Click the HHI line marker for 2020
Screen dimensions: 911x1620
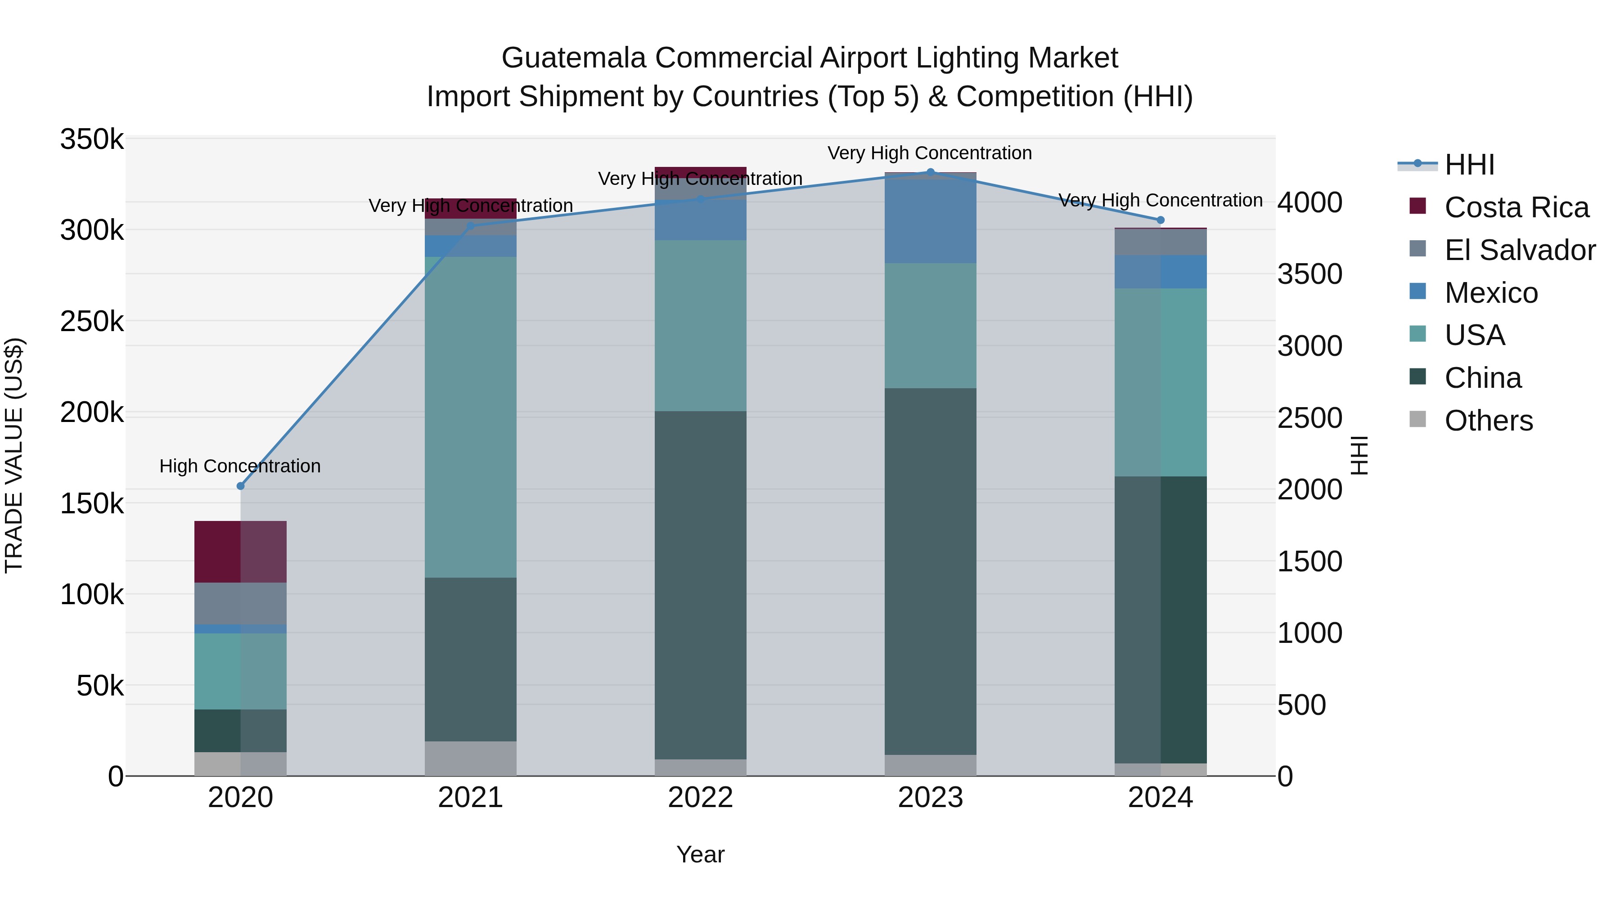240,486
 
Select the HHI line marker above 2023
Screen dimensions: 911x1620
931,172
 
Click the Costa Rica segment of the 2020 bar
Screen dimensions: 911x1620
240,552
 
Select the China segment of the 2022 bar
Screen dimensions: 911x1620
701,585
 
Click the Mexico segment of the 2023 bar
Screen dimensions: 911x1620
931,219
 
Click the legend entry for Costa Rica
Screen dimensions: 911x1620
1516,207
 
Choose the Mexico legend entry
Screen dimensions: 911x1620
1490,293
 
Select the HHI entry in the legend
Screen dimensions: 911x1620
1469,165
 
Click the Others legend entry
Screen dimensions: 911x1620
1488,421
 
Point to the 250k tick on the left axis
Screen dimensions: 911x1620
92,322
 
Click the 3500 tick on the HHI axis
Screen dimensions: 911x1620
1310,274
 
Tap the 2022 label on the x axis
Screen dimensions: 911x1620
701,798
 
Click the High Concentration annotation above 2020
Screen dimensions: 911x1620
240,466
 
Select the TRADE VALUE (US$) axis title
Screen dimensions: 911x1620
14,455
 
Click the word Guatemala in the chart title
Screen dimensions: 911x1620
574,58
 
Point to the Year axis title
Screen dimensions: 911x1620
701,854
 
